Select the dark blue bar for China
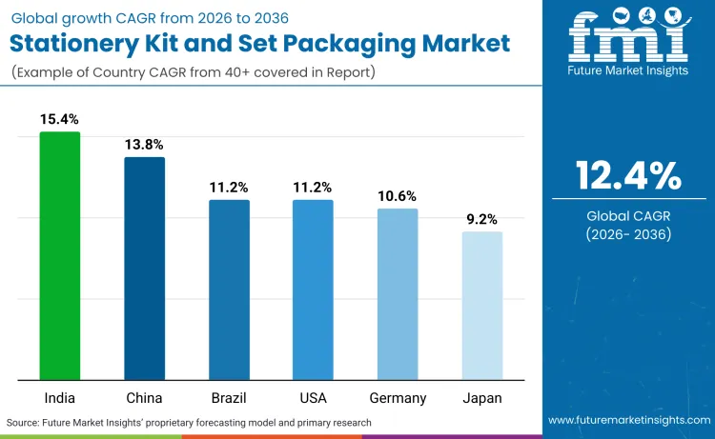[144, 268]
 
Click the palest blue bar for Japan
[481, 305]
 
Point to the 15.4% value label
[59, 119]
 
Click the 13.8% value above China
[144, 145]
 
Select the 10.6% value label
[398, 196]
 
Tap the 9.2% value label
[481, 219]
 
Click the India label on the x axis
[59, 397]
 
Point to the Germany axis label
[398, 397]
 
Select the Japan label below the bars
[481, 397]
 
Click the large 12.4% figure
[628, 175]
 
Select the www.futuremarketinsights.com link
[628, 421]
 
